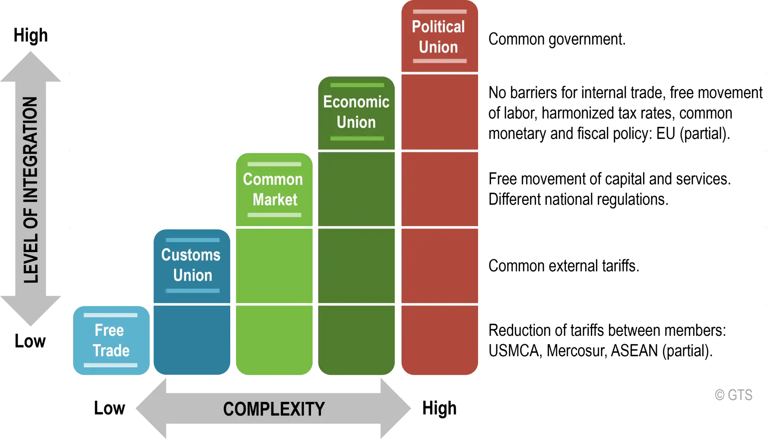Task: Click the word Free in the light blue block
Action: click(x=109, y=330)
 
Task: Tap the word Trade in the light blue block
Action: click(x=111, y=351)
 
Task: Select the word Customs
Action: click(x=191, y=255)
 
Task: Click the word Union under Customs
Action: click(x=193, y=275)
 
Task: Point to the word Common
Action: click(x=273, y=179)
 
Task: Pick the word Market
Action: click(x=275, y=199)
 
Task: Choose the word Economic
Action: click(x=356, y=102)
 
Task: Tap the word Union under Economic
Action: click(x=356, y=122)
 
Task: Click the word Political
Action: click(x=438, y=27)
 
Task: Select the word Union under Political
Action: click(x=438, y=47)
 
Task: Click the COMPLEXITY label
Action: click(x=274, y=409)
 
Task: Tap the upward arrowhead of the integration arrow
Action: click(x=31, y=65)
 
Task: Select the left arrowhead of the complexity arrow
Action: click(x=151, y=409)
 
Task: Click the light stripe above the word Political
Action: click(x=440, y=12)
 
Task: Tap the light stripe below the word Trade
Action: click(x=111, y=365)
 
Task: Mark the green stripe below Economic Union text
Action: click(x=357, y=138)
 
